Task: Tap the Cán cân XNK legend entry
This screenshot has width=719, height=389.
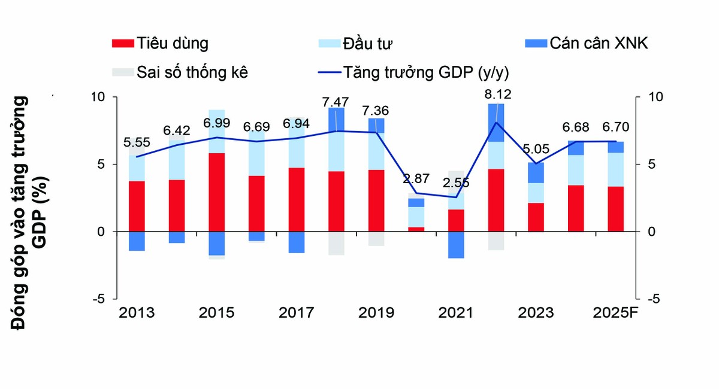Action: (586, 44)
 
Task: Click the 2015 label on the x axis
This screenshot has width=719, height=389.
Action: (216, 313)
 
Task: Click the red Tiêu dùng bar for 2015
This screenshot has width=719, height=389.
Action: (216, 192)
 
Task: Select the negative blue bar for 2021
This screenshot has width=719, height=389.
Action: (457, 245)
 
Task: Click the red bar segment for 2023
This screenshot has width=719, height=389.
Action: (536, 217)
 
